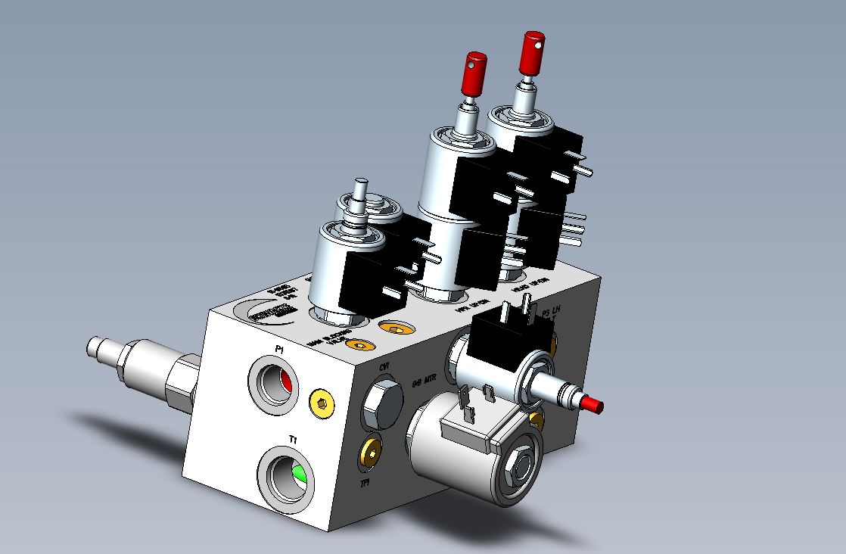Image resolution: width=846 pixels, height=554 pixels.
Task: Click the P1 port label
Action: (279, 349)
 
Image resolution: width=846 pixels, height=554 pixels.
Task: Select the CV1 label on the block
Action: (384, 368)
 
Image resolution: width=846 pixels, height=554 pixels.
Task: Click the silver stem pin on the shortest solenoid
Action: (360, 189)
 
